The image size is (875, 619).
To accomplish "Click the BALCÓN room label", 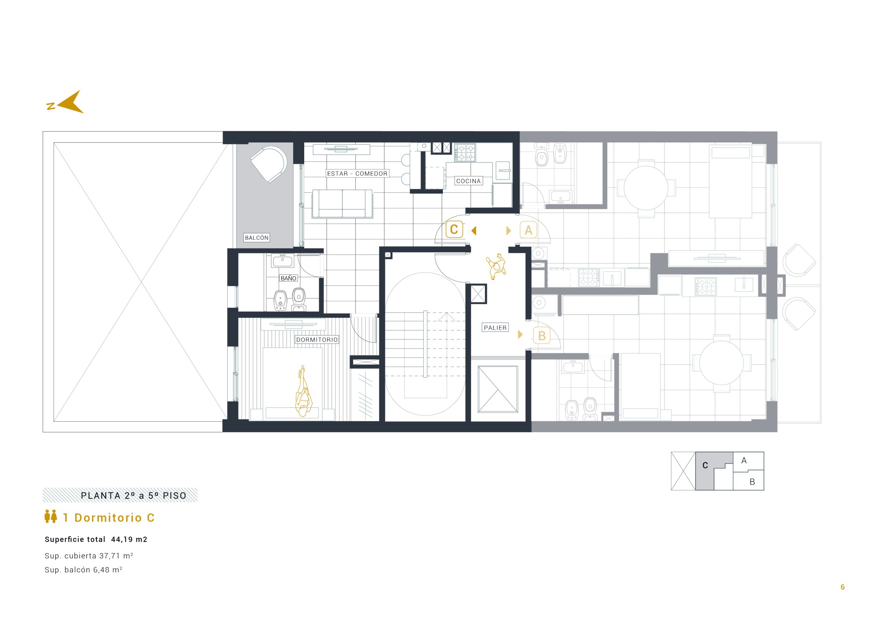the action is tap(256, 238).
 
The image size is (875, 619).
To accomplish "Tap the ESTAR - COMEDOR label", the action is tap(357, 173).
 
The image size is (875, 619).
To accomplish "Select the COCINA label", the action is tap(468, 181).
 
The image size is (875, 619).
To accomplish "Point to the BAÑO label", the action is tap(288, 278).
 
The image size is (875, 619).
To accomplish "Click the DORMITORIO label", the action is tap(317, 340).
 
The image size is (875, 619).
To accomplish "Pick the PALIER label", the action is tap(495, 328).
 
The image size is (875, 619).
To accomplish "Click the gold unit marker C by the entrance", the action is tap(454, 229).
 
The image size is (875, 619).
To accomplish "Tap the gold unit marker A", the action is tap(528, 230).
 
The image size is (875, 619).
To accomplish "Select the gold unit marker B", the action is tap(541, 335).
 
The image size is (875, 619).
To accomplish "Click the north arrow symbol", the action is tap(70, 103).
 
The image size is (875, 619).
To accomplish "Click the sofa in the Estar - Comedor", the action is tap(342, 204).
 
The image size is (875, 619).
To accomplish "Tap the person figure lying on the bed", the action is tap(304, 391).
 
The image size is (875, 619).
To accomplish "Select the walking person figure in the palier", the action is tap(496, 266).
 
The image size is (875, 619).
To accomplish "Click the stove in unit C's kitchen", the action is tap(465, 153).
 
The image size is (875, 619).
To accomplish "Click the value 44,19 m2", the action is tap(129, 540).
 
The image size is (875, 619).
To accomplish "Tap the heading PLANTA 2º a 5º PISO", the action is tap(133, 496).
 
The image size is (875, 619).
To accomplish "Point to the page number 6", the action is tap(843, 587).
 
